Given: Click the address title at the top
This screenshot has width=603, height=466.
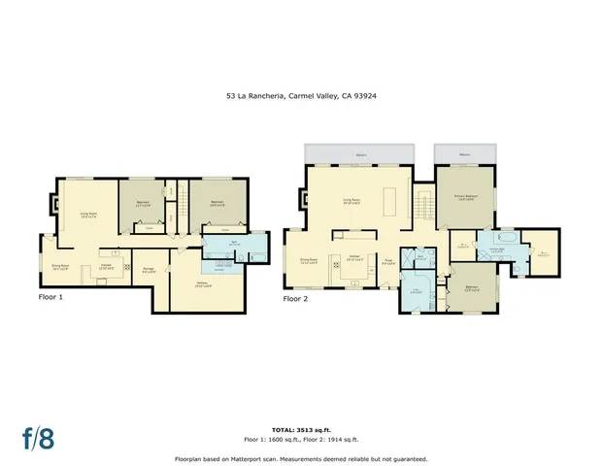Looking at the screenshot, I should (x=301, y=96).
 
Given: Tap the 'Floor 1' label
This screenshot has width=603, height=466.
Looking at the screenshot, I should (x=50, y=297).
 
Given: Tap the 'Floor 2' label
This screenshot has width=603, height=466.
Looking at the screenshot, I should (x=296, y=299).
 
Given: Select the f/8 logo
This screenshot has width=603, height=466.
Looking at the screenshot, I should (x=40, y=436).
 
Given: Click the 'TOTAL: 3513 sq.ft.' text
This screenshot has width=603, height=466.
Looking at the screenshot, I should (x=301, y=427).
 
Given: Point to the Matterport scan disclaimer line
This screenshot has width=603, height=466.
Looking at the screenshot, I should (x=301, y=458).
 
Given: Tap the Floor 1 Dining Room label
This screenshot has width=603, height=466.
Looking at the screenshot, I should (x=59, y=269).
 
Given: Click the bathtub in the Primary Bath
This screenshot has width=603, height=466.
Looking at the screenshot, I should (x=509, y=236).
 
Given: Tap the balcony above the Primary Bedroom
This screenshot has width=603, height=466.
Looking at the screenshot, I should (x=464, y=154).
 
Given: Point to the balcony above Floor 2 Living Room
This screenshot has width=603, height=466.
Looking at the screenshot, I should (x=360, y=154).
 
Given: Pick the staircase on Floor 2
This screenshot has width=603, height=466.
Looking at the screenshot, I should (x=422, y=205).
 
